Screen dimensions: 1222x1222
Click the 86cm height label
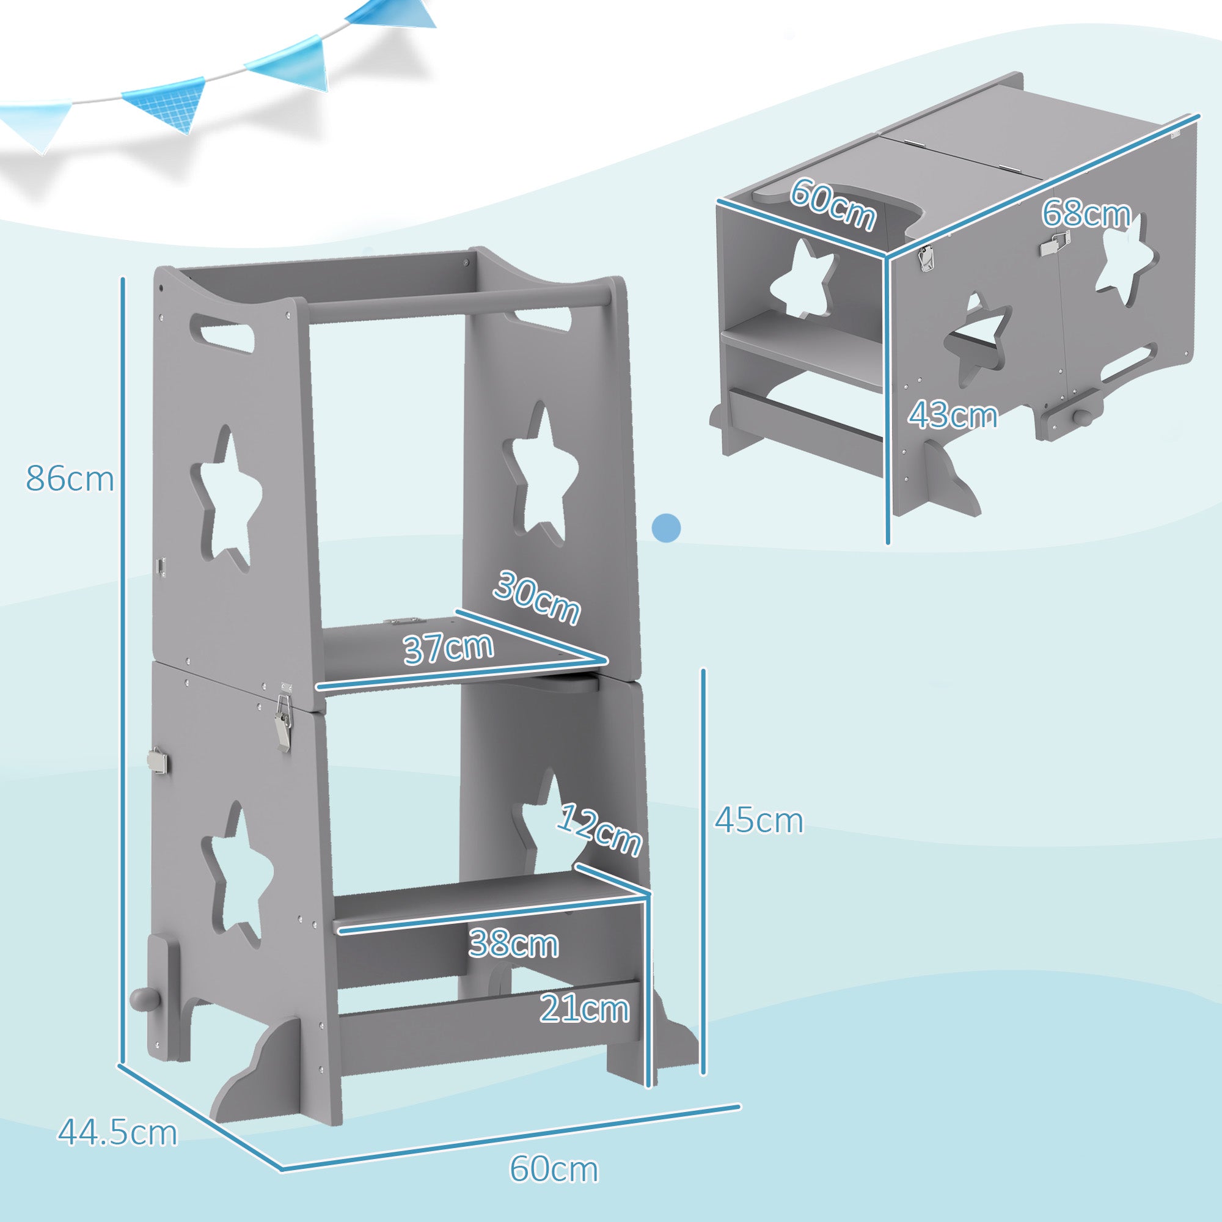coord(70,479)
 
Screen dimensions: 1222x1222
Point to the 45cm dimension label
coord(758,821)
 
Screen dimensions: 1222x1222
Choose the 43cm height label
coord(953,415)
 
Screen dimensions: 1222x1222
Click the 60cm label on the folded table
coord(833,203)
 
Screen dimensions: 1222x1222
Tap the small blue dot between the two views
coord(667,526)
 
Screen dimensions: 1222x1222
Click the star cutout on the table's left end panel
coord(802,277)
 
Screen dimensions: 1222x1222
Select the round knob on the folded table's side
coord(1082,419)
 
